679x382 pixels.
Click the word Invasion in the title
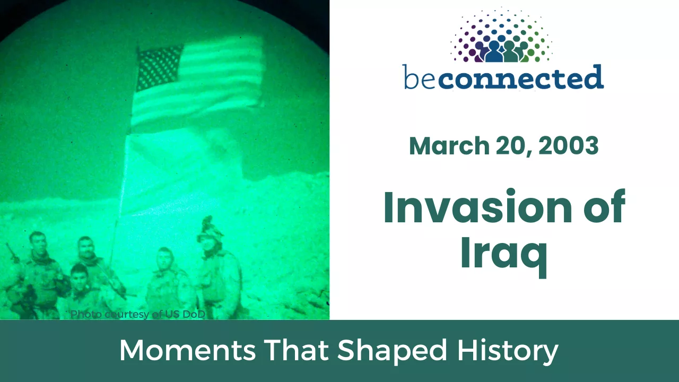(x=477, y=207)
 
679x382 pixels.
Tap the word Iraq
(x=504, y=254)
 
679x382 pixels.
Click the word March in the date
(x=449, y=145)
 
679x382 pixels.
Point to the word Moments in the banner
(x=187, y=351)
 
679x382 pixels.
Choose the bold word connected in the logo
(x=520, y=77)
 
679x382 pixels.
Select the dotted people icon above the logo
(x=502, y=35)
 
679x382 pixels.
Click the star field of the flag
(x=160, y=68)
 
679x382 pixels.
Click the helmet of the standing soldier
(x=210, y=230)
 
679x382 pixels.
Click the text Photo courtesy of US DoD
(x=138, y=315)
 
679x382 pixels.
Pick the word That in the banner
(x=296, y=350)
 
